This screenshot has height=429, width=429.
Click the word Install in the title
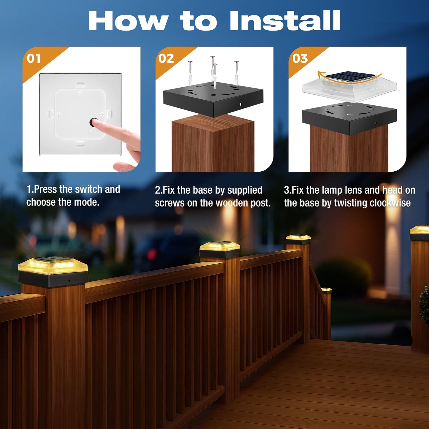click(x=285, y=20)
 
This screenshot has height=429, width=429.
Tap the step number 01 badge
click(x=34, y=58)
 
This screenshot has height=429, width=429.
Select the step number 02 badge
click(x=166, y=58)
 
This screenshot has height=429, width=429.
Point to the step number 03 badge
click(x=300, y=58)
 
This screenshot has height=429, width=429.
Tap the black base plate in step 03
click(x=349, y=117)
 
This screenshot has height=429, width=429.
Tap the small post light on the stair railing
click(x=326, y=290)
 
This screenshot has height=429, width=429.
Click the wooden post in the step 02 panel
click(x=213, y=145)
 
